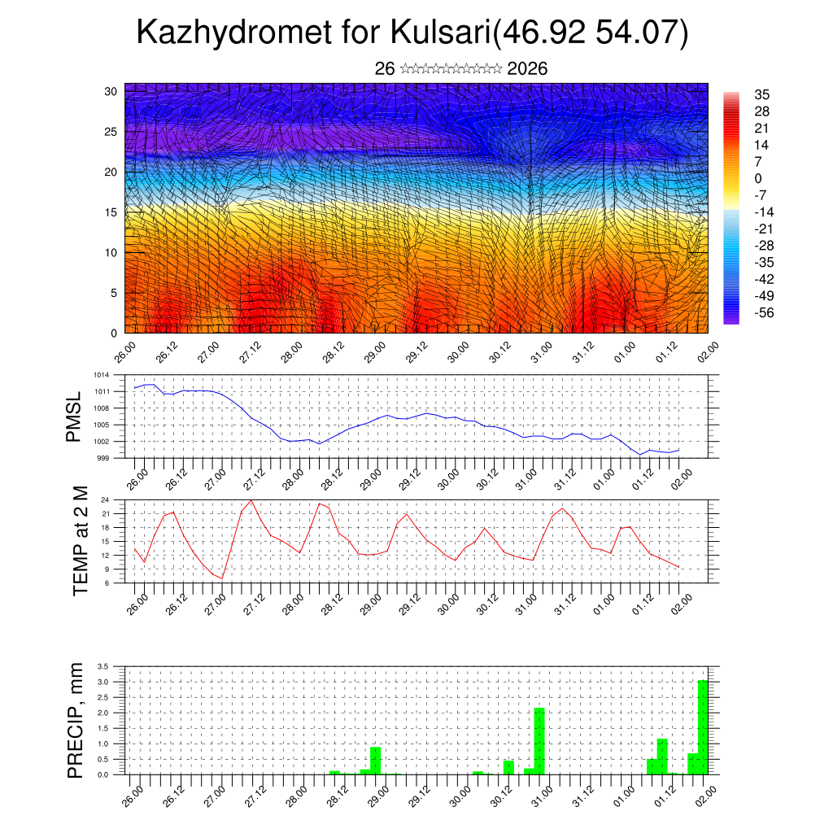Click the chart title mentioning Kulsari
click(x=412, y=33)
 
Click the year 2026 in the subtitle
click(x=527, y=69)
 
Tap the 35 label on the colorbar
click(x=762, y=94)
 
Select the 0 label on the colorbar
click(x=758, y=178)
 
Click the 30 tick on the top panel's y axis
click(x=111, y=91)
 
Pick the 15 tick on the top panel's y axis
click(x=111, y=212)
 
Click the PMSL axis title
click(x=74, y=417)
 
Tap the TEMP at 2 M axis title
click(x=81, y=541)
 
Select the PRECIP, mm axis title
click(x=76, y=719)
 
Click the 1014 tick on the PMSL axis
click(x=100, y=375)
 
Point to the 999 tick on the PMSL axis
click(x=102, y=458)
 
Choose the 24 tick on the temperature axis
click(x=105, y=499)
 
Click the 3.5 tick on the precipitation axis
click(x=103, y=666)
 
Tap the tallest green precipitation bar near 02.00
click(x=703, y=726)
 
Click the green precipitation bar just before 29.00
click(x=375, y=760)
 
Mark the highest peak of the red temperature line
click(x=251, y=500)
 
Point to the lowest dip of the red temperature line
click(x=222, y=578)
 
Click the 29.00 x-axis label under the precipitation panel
click(x=374, y=794)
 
